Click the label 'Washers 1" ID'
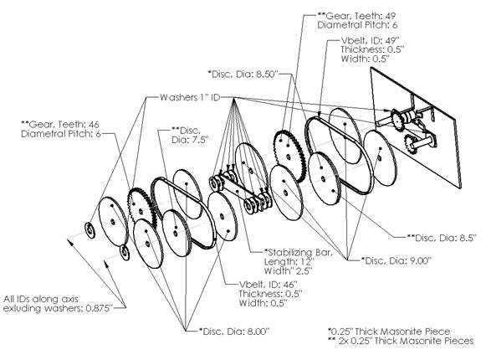click(x=190, y=97)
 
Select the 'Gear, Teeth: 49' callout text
click(x=356, y=16)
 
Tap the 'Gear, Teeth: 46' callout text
click(x=60, y=125)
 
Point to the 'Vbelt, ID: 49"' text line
click(x=370, y=40)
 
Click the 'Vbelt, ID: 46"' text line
click(x=269, y=284)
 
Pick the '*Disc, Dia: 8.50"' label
click(x=243, y=75)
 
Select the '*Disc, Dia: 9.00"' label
click(x=396, y=260)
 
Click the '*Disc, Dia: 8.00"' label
click(x=234, y=332)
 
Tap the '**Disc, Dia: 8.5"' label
click(x=442, y=238)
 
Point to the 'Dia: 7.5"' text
click(x=189, y=140)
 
